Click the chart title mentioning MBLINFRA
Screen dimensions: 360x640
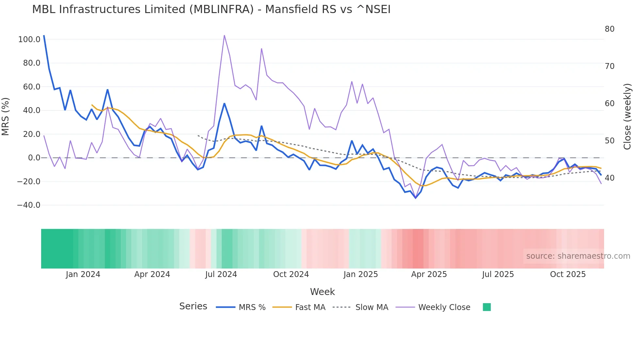tap(211, 9)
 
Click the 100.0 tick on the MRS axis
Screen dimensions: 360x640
tap(29, 40)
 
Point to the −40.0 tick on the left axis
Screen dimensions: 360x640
tap(29, 205)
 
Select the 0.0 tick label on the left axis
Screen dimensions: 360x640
tap(34, 158)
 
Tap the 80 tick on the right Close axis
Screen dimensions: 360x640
tap(609, 29)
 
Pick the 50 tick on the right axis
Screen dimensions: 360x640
tap(609, 141)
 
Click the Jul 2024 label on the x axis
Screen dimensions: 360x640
tap(221, 274)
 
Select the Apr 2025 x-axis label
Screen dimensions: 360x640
tap(429, 274)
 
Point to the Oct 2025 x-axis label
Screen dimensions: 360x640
tap(568, 274)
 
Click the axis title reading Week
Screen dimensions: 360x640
tap(322, 292)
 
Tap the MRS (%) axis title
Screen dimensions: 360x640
tap(6, 117)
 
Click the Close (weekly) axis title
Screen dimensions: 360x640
tap(627, 117)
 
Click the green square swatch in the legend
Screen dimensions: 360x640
tap(487, 307)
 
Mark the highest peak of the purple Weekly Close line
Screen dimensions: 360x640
tap(224, 35)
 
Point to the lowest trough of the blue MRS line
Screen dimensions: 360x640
tap(416, 198)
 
